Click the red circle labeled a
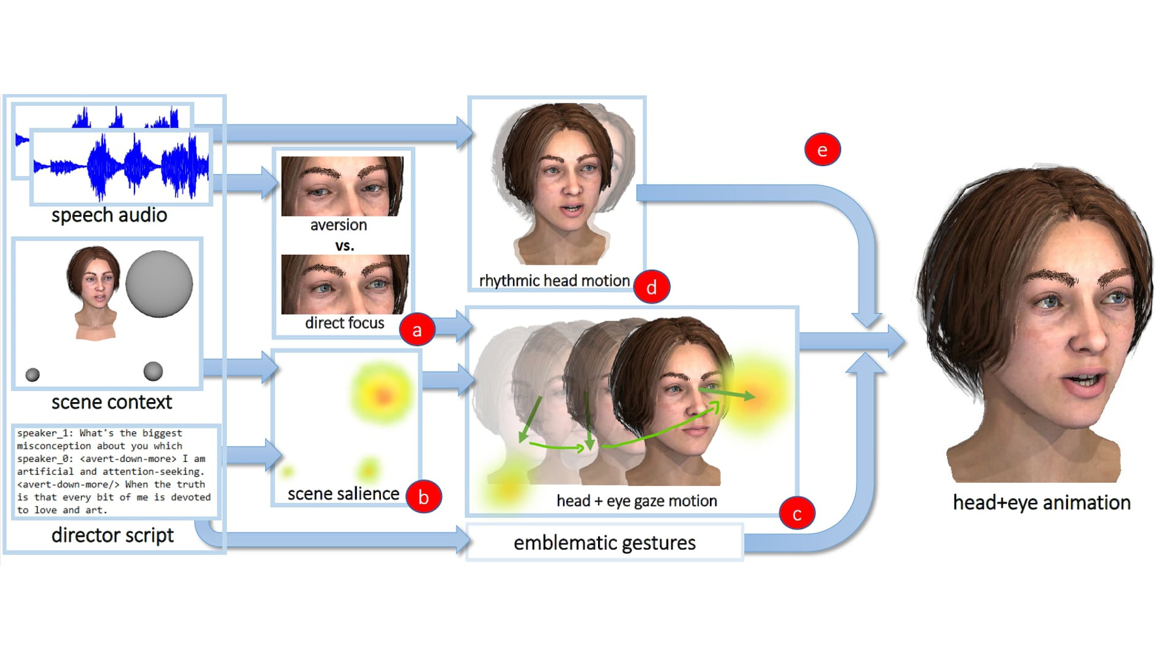pyautogui.click(x=417, y=330)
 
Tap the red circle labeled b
pyautogui.click(x=423, y=497)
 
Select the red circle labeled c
pyautogui.click(x=797, y=514)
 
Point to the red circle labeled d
pyautogui.click(x=652, y=287)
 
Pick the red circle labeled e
pyautogui.click(x=822, y=150)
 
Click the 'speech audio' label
pyautogui.click(x=109, y=215)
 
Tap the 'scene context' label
pyautogui.click(x=112, y=402)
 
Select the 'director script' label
pyautogui.click(x=113, y=535)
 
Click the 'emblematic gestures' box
pyautogui.click(x=604, y=543)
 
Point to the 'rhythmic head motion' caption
pyautogui.click(x=554, y=280)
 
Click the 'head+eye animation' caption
pyautogui.click(x=1041, y=502)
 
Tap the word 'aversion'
pyautogui.click(x=339, y=225)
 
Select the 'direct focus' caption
pyautogui.click(x=345, y=323)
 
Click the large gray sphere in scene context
pyautogui.click(x=159, y=284)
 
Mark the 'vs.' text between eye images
pyautogui.click(x=345, y=246)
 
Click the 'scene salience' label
pyautogui.click(x=343, y=494)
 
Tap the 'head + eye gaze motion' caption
pyautogui.click(x=637, y=501)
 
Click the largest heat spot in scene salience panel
pyautogui.click(x=383, y=395)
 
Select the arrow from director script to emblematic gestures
pyautogui.click(x=342, y=540)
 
